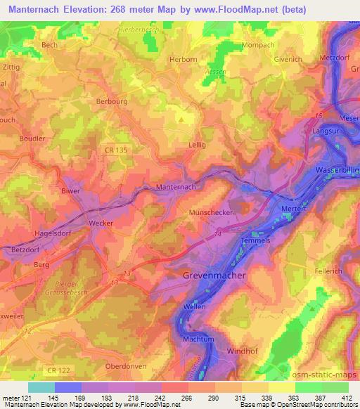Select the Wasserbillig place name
(x=333, y=170)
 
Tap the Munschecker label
(x=211, y=212)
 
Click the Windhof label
(x=242, y=350)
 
